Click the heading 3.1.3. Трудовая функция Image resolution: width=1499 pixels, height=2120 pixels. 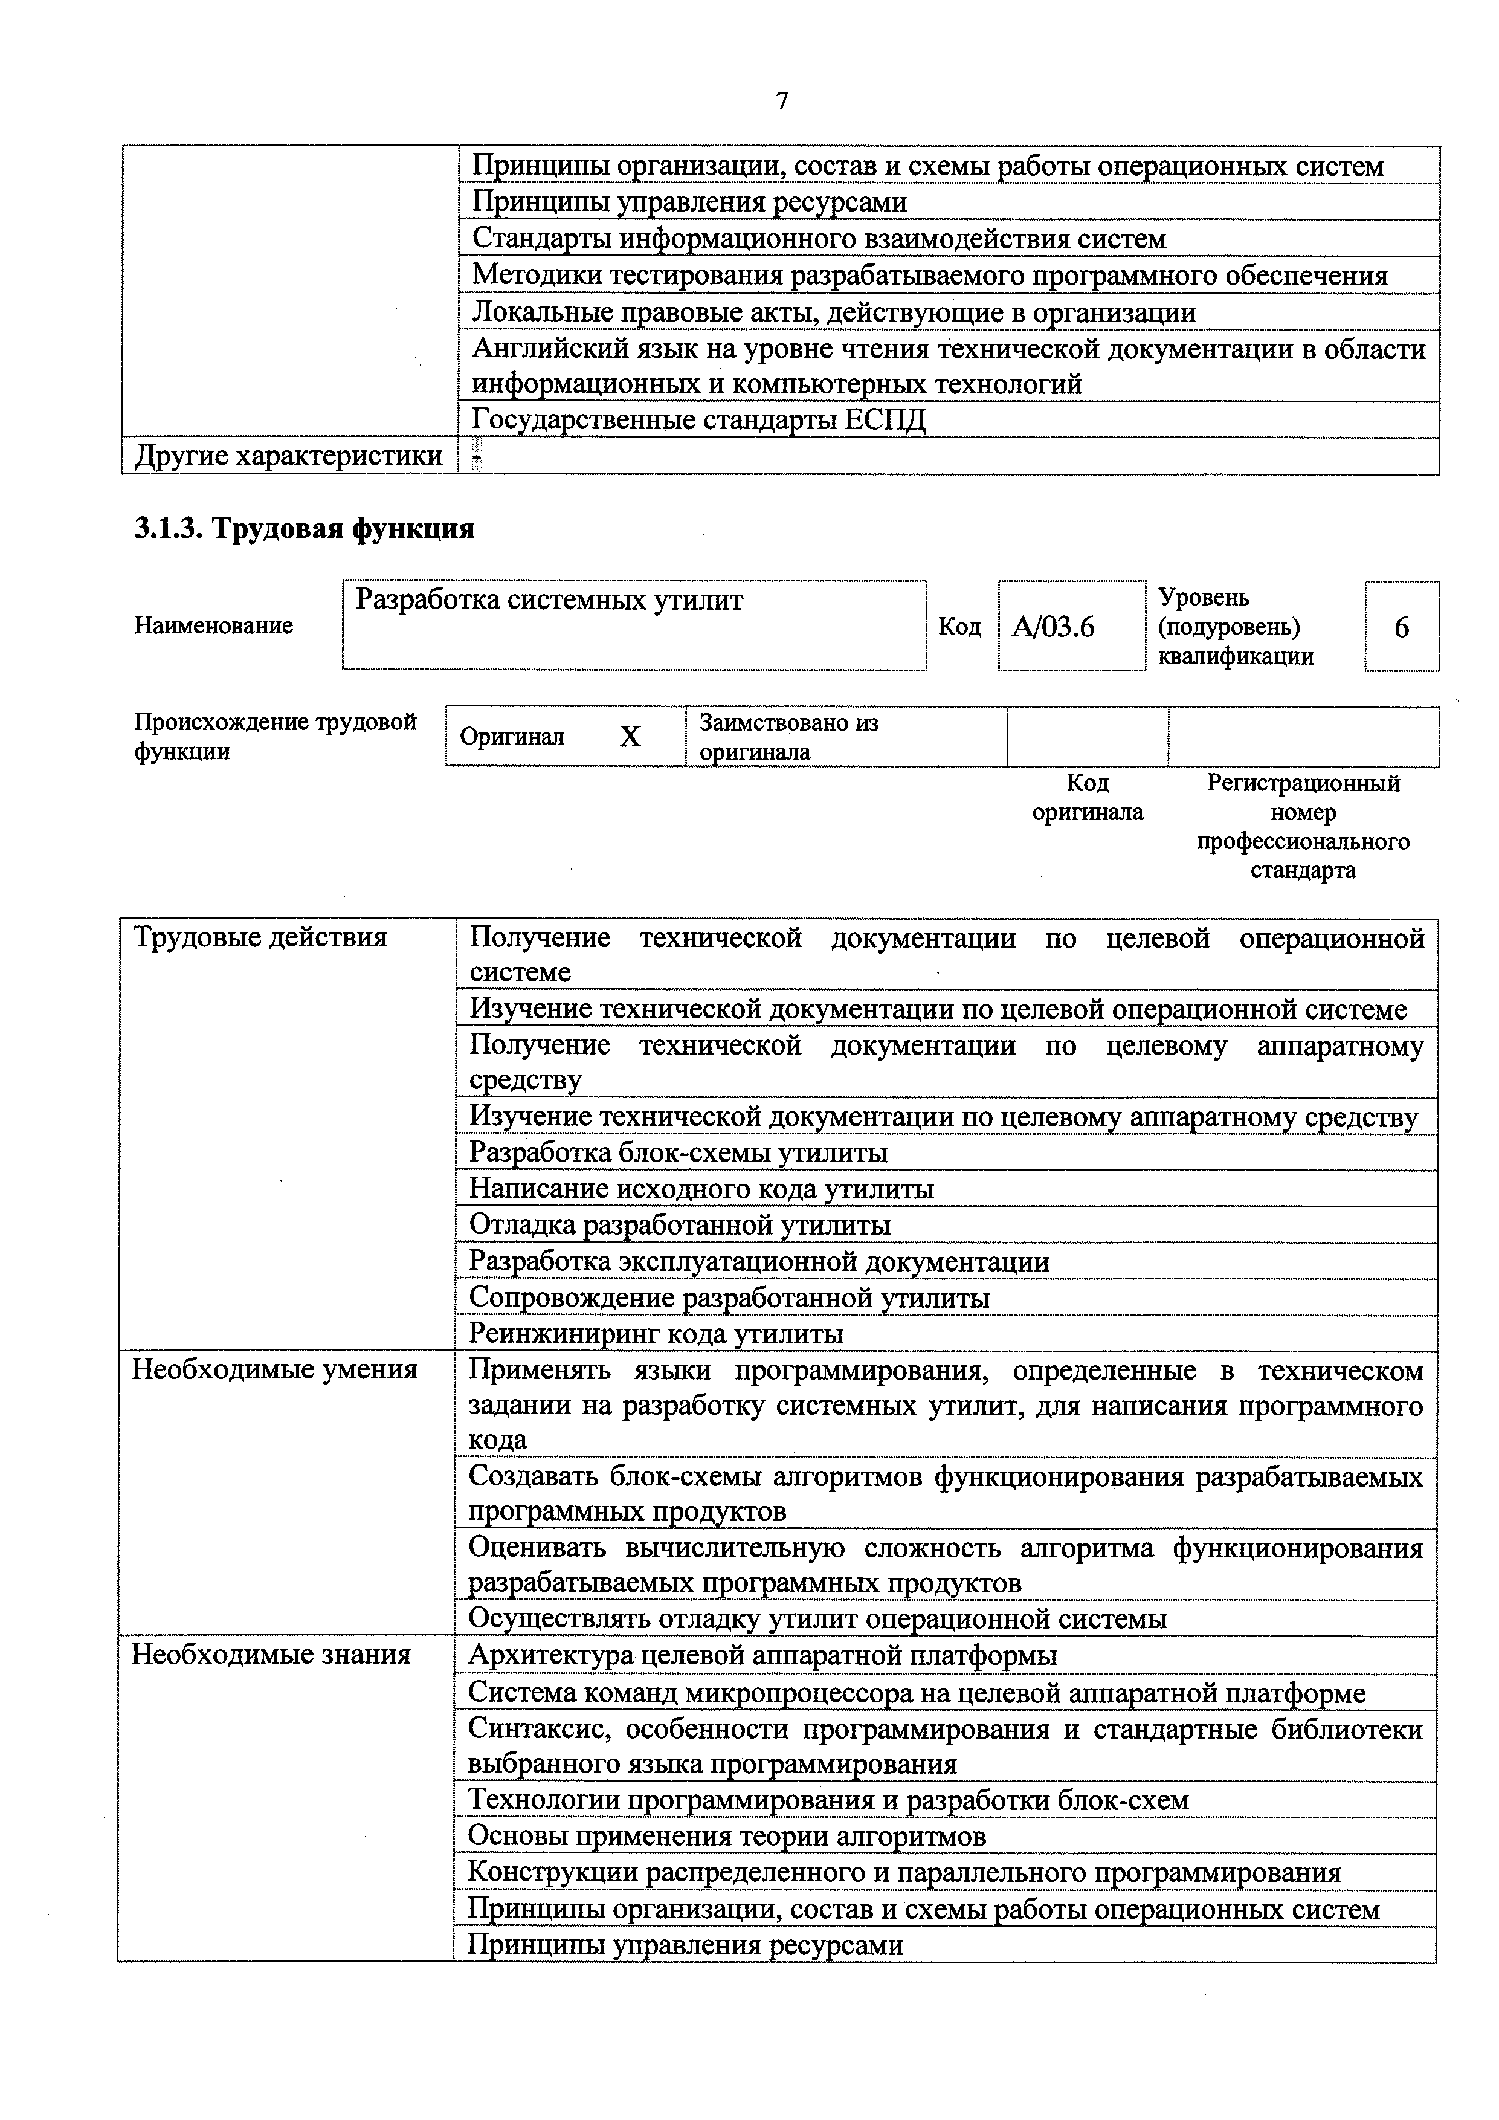(305, 528)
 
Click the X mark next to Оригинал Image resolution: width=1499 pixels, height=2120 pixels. (630, 737)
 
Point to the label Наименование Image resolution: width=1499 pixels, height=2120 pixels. (214, 626)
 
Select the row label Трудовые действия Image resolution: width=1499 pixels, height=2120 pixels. (260, 937)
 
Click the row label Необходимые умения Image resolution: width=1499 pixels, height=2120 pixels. (275, 1369)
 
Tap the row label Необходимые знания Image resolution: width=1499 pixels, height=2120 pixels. (271, 1653)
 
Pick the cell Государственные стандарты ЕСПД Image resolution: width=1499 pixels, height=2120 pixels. (698, 420)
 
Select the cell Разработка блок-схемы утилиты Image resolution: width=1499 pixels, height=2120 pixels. (679, 1152)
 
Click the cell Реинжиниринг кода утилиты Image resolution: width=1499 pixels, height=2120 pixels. (656, 1333)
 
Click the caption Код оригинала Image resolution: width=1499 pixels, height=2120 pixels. (1088, 798)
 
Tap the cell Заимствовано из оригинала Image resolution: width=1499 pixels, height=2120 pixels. (789, 737)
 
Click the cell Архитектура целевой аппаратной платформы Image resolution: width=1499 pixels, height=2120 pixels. (762, 1655)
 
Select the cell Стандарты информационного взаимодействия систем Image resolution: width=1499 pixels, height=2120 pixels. (819, 239)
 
